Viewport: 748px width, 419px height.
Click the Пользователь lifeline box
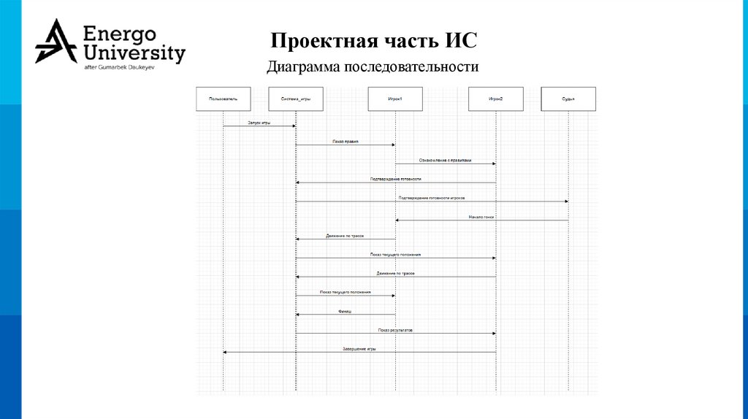pyautogui.click(x=223, y=99)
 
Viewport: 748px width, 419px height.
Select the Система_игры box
pyautogui.click(x=295, y=99)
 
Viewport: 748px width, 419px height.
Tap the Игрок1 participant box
pyautogui.click(x=395, y=99)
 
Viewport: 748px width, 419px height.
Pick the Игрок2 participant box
pyautogui.click(x=495, y=99)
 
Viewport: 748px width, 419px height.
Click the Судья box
pyautogui.click(x=568, y=99)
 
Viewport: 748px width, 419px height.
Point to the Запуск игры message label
pyautogui.click(x=259, y=123)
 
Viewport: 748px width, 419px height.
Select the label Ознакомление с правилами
pyautogui.click(x=445, y=161)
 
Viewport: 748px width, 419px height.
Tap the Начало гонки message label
pyautogui.click(x=482, y=217)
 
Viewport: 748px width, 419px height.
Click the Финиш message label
pyautogui.click(x=345, y=312)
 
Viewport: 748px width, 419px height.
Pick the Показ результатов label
pyautogui.click(x=395, y=330)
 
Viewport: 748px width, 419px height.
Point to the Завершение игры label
pyautogui.click(x=359, y=349)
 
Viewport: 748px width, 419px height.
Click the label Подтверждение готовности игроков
pyautogui.click(x=431, y=198)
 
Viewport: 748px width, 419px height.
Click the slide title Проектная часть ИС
pyautogui.click(x=373, y=39)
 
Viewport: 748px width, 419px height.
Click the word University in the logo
pyautogui.click(x=134, y=53)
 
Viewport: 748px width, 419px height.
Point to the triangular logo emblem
pyautogui.click(x=56, y=41)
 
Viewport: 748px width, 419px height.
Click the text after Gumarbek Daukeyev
pyautogui.click(x=121, y=67)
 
